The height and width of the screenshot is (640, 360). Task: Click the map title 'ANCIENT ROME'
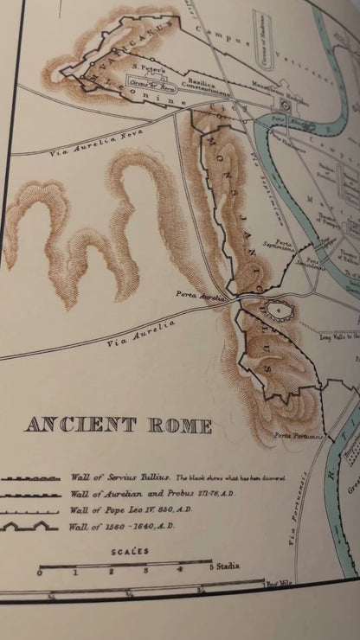click(119, 425)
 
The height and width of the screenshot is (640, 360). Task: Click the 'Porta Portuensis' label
click(299, 437)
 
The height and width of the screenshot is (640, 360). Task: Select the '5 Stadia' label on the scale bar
click(224, 566)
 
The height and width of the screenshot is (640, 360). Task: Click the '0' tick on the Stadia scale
click(39, 572)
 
